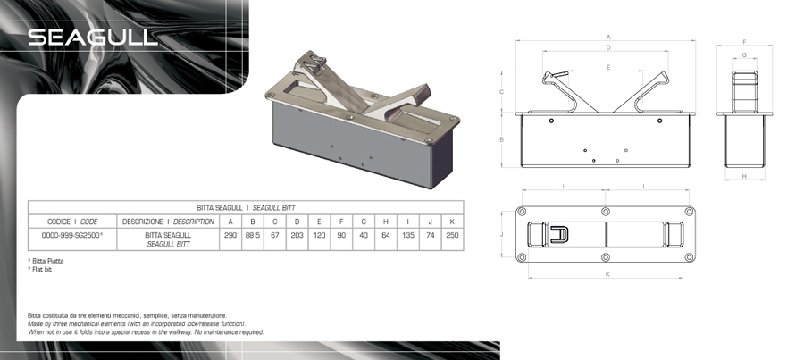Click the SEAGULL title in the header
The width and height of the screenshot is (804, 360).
(92, 38)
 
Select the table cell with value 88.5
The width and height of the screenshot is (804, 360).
(253, 236)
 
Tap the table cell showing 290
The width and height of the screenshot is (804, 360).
(230, 236)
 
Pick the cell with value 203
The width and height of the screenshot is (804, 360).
(297, 236)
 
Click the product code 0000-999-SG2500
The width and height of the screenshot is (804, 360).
(72, 236)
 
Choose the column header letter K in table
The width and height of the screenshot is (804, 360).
(452, 222)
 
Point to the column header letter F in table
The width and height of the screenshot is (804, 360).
(341, 222)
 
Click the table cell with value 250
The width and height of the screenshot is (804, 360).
(452, 236)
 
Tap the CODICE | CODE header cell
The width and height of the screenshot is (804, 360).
(72, 222)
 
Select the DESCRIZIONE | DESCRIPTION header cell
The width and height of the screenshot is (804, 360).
(168, 222)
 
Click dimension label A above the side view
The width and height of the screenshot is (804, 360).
(608, 37)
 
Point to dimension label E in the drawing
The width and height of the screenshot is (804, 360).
(608, 67)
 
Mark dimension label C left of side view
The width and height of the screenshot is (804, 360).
(502, 92)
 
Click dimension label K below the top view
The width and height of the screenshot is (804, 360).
(607, 274)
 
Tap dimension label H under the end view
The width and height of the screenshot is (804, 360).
(744, 176)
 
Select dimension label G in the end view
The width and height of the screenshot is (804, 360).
(744, 54)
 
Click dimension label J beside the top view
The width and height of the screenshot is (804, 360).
(502, 234)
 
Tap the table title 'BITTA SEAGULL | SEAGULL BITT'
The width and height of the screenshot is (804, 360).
(246, 207)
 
